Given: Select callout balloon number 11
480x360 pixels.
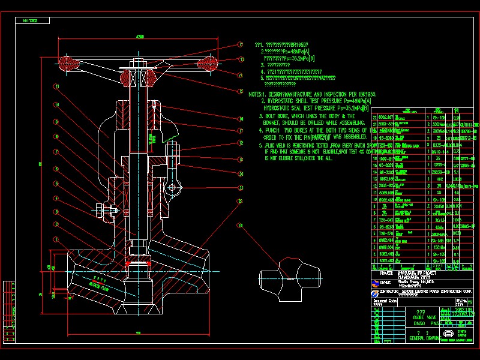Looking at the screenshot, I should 56,86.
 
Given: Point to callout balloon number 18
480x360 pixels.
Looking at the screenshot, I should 241,226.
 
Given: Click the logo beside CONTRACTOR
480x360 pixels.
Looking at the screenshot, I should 376,292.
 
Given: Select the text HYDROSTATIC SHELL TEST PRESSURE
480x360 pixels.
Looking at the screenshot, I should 300,101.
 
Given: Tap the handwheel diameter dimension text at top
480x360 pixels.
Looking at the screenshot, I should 140,37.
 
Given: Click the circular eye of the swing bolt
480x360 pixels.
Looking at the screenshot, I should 172,188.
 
